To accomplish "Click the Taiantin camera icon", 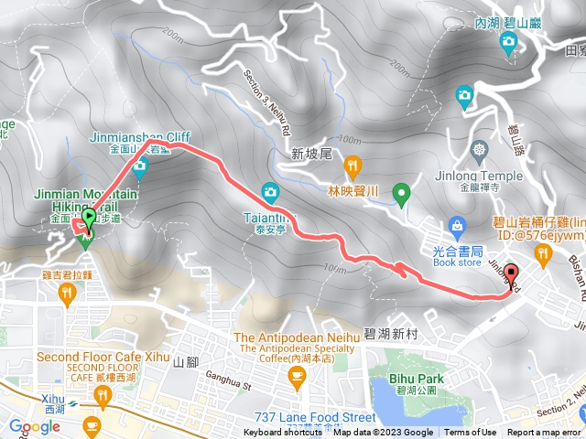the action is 269,191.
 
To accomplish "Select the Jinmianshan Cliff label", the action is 129,136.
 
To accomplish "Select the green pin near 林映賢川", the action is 400,193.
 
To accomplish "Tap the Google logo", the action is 34,426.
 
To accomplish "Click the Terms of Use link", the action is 471,433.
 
